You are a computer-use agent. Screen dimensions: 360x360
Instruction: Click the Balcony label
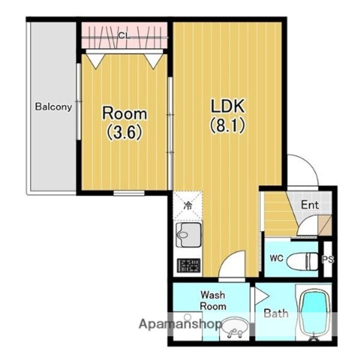53,107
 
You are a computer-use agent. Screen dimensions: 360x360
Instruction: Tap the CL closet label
124,36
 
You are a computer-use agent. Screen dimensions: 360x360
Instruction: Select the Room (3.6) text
124,123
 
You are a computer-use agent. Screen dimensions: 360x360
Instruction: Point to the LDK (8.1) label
227,116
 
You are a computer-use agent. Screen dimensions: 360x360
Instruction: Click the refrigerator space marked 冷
188,205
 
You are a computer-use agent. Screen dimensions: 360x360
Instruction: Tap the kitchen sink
188,234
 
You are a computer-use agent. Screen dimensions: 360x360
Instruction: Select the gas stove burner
188,265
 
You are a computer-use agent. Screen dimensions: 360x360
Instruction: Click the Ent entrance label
309,204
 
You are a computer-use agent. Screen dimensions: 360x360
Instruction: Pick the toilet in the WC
302,261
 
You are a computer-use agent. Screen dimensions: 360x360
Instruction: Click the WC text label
276,258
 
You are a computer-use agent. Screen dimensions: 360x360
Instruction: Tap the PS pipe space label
327,259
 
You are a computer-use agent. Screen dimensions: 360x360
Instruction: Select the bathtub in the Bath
314,313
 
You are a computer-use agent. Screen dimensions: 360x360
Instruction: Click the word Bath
275,313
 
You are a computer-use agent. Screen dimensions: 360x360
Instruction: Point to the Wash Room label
213,300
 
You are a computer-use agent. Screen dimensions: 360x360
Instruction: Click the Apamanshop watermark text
180,324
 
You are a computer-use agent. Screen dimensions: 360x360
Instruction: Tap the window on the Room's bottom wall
129,193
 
